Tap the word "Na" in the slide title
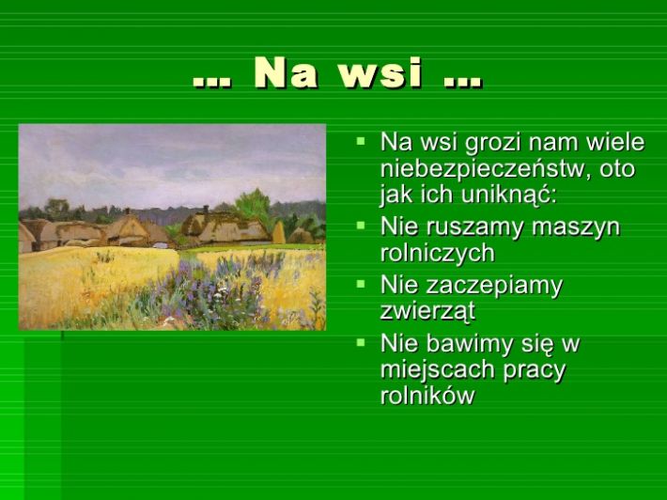click(286, 72)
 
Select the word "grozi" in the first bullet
click(491, 143)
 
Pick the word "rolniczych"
click(438, 253)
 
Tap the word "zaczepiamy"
click(494, 286)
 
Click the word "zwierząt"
click(427, 311)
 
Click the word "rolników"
click(427, 396)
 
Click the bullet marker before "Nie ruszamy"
click(361, 226)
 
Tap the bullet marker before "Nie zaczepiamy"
click(361, 284)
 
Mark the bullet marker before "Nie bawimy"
click(361, 342)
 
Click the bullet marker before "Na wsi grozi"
click(361, 141)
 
